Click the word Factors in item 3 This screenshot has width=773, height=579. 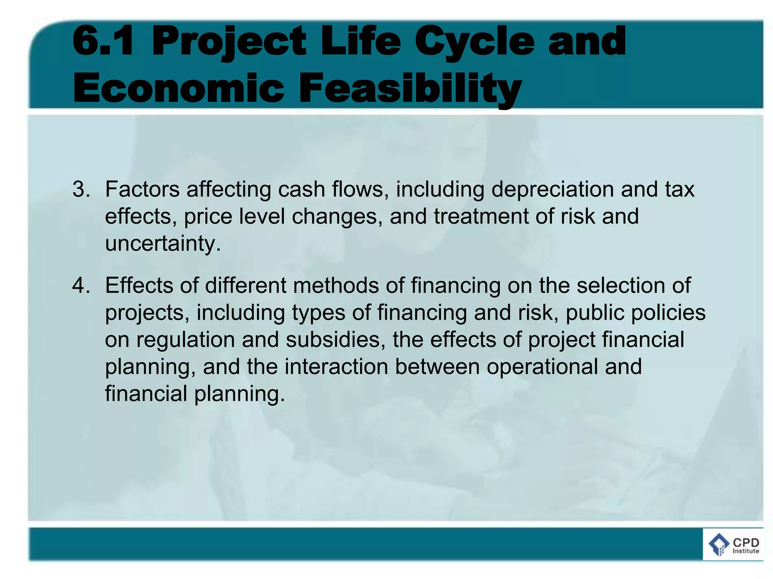tap(142, 189)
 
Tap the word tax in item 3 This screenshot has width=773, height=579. tap(679, 189)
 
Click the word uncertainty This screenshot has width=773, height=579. tap(163, 244)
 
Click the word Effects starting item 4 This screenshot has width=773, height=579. tap(139, 285)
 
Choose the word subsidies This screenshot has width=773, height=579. tap(336, 340)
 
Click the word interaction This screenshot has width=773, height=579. tap(336, 367)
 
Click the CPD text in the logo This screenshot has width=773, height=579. tap(745, 542)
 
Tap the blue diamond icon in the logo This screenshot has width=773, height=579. tap(719, 545)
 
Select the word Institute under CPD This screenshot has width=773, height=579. tap(745, 551)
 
